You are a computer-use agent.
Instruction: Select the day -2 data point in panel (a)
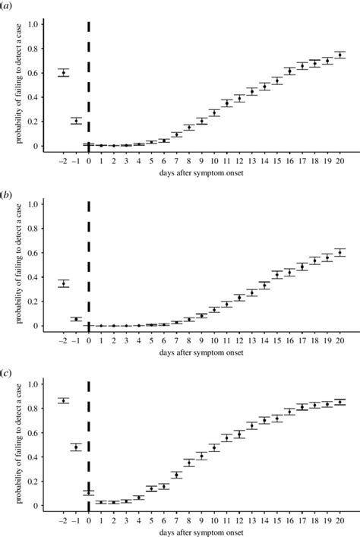coord(64,72)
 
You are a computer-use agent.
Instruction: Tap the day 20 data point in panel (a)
coord(339,55)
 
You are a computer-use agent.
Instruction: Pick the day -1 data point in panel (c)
coord(76,447)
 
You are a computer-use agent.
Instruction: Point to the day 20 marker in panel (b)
coord(339,252)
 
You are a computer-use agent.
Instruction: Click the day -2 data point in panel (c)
coord(64,400)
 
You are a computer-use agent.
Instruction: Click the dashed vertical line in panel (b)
coord(89,258)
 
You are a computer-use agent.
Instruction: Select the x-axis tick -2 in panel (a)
coord(63,160)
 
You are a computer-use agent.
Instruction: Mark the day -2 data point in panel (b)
coord(64,283)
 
